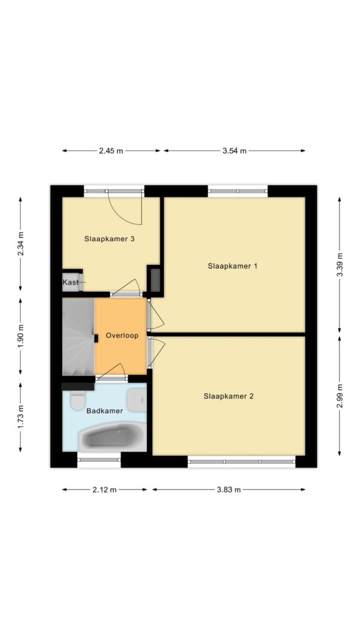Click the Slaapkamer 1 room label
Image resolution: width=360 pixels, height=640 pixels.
tap(232, 266)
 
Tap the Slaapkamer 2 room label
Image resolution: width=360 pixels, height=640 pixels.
tap(229, 396)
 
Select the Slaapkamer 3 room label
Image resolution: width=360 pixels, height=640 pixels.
tap(109, 239)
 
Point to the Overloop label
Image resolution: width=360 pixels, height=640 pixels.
tap(122, 336)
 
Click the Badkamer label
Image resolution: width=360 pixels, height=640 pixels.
tap(104, 411)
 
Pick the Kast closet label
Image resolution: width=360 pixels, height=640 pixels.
tap(71, 282)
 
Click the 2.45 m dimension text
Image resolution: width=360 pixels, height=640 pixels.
tap(111, 151)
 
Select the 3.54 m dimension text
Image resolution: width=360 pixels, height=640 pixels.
tap(235, 151)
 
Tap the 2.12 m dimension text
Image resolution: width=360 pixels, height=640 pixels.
tap(105, 490)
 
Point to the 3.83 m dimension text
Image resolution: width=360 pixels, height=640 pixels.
tap(229, 490)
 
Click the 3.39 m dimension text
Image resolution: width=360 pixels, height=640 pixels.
tap(339, 264)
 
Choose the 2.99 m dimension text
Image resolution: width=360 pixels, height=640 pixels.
tap(339, 396)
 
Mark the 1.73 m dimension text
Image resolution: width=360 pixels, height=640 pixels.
tap(20, 417)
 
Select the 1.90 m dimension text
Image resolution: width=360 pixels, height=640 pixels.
tap(20, 336)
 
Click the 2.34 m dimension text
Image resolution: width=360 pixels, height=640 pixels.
tap(20, 244)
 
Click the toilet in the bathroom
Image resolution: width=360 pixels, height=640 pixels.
tap(77, 400)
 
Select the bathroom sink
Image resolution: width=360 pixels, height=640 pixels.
tap(136, 400)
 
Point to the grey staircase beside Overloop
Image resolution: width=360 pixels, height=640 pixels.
tap(78, 336)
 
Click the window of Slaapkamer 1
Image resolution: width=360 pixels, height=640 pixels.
tap(237, 191)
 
